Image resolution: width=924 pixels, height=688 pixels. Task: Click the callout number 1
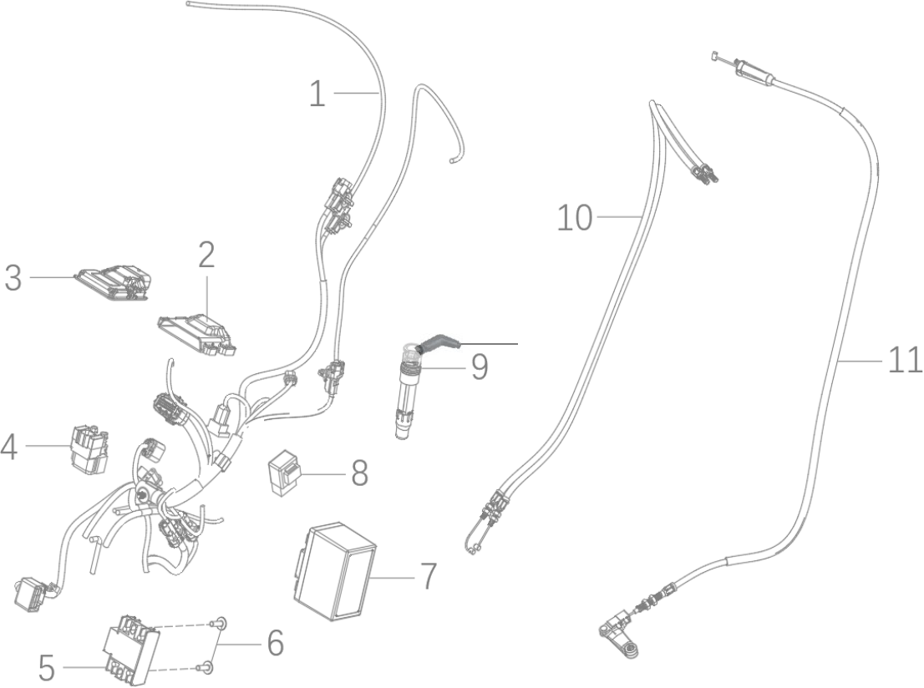pyautogui.click(x=317, y=94)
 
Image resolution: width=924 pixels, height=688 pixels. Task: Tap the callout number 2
pyautogui.click(x=206, y=255)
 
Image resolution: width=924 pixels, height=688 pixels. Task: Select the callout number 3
pyautogui.click(x=13, y=277)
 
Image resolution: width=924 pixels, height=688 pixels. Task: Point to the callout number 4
pyautogui.click(x=9, y=447)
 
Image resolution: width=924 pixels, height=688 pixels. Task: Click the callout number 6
pyautogui.click(x=274, y=642)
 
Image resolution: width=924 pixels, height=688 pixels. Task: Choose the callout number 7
pyautogui.click(x=428, y=576)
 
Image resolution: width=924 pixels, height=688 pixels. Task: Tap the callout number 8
pyautogui.click(x=359, y=473)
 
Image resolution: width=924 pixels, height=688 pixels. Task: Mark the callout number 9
pyautogui.click(x=479, y=367)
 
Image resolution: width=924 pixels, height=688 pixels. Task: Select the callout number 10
pyautogui.click(x=575, y=219)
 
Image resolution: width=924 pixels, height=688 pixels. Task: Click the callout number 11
pyautogui.click(x=905, y=360)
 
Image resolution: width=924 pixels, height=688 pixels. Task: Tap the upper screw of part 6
pyautogui.click(x=220, y=621)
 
